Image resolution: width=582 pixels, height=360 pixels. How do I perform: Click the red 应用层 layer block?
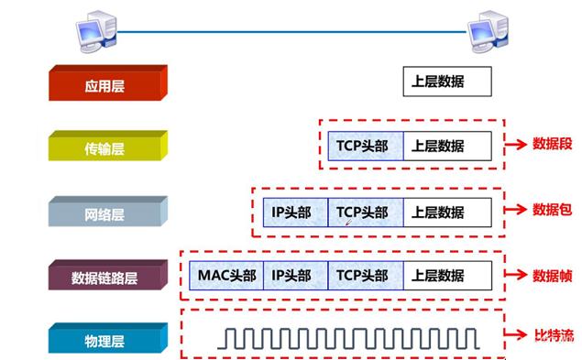(x=108, y=82)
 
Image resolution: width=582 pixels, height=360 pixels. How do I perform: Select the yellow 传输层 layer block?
(x=108, y=146)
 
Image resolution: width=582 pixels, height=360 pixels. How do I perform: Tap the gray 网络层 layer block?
(x=108, y=212)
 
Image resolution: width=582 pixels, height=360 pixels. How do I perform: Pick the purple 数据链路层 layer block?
(x=108, y=275)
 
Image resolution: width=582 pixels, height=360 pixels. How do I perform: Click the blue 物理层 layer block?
(x=108, y=338)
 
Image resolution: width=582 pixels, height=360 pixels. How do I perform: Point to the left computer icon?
(x=96, y=31)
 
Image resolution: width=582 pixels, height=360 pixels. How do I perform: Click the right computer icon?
(x=488, y=31)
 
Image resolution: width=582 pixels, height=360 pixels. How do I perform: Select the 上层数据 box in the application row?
(x=447, y=82)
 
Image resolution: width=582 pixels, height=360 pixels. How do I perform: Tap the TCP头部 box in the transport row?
(x=366, y=146)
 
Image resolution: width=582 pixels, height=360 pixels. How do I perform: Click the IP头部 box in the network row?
(x=295, y=213)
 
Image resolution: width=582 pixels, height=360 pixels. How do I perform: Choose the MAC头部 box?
(x=226, y=276)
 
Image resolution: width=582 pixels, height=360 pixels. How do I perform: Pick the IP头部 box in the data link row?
(x=295, y=276)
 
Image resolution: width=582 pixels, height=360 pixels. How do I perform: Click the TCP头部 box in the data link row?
(x=366, y=276)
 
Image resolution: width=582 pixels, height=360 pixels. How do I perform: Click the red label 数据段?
(x=553, y=144)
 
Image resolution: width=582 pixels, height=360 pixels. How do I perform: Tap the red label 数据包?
(x=553, y=210)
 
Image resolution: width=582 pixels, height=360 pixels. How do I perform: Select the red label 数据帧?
(x=553, y=276)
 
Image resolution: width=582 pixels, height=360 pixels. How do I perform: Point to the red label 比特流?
(x=554, y=335)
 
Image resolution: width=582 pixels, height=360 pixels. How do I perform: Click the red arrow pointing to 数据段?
(x=516, y=144)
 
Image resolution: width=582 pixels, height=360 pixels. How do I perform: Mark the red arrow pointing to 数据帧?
(x=516, y=275)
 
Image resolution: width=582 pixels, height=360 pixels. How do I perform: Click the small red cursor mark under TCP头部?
(x=348, y=223)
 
